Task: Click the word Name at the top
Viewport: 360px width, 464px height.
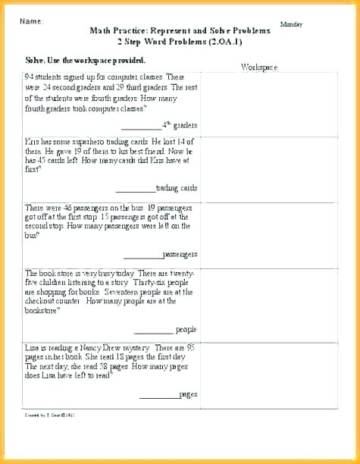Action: point(31,21)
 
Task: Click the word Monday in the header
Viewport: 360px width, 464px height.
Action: point(291,24)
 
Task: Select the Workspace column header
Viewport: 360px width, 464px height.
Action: point(259,67)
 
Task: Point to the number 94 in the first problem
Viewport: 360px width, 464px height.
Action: point(29,77)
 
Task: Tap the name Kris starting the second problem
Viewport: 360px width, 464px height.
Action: point(31,141)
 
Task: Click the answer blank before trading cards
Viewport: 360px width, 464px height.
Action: point(135,188)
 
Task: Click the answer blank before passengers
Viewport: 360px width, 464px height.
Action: point(142,254)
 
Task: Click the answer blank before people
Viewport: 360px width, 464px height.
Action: point(153,330)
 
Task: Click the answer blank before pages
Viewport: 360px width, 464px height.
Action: point(158,395)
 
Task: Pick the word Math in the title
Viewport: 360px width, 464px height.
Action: point(99,31)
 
